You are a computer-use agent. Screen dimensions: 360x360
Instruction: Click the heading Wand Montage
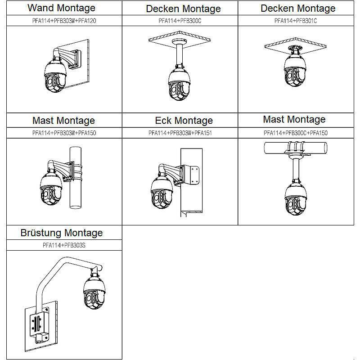tap(61, 8)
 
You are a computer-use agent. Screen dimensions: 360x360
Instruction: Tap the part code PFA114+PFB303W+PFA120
tap(61, 21)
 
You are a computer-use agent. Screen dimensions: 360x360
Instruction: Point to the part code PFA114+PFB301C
tap(298, 21)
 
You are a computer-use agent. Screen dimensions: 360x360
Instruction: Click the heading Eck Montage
tap(184, 121)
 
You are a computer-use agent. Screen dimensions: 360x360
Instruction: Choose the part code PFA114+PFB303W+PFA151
tap(180, 133)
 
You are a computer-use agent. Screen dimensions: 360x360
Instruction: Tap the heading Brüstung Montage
tap(62, 233)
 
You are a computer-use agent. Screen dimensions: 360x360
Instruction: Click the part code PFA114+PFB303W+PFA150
tap(64, 133)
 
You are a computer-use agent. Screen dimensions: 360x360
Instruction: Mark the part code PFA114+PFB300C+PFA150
tap(296, 133)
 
